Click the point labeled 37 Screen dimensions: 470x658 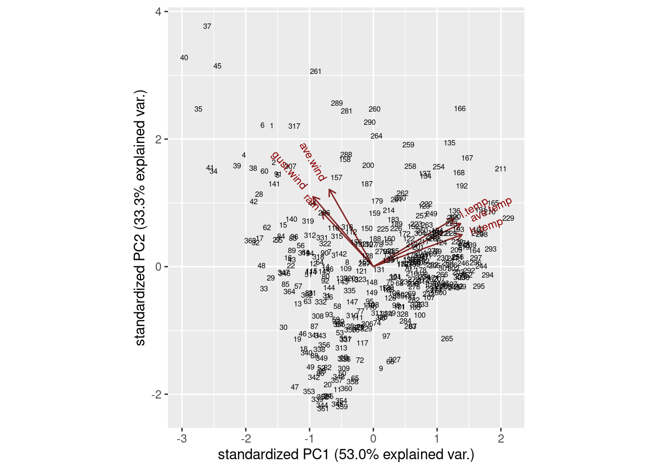pyautogui.click(x=207, y=26)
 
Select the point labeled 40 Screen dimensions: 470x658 pyautogui.click(x=184, y=58)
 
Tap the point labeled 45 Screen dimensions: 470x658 pyautogui.click(x=217, y=66)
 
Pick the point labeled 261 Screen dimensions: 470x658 pyautogui.click(x=316, y=71)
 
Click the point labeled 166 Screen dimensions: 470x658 pyautogui.click(x=460, y=109)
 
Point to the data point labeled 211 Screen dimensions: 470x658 pyautogui.click(x=500, y=169)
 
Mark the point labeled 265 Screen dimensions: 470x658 pyautogui.click(x=447, y=339)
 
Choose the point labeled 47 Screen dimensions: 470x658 pyautogui.click(x=295, y=387)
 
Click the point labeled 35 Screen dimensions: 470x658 pyautogui.click(x=198, y=109)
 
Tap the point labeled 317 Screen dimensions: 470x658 pyautogui.click(x=294, y=126)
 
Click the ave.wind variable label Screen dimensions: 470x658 pyautogui.click(x=312, y=162)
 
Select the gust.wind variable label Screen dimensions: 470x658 pyautogui.click(x=288, y=171)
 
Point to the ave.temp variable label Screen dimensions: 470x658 pyautogui.click(x=491, y=209)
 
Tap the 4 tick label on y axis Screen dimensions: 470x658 pyautogui.click(x=158, y=12)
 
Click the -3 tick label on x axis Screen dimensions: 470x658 pyautogui.click(x=182, y=439)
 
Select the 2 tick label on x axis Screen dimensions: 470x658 pyautogui.click(x=501, y=439)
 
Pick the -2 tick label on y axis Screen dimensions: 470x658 pyautogui.click(x=156, y=395)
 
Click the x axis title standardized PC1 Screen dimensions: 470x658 pyautogui.click(x=346, y=455)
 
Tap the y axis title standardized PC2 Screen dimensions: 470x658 pyautogui.click(x=141, y=218)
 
